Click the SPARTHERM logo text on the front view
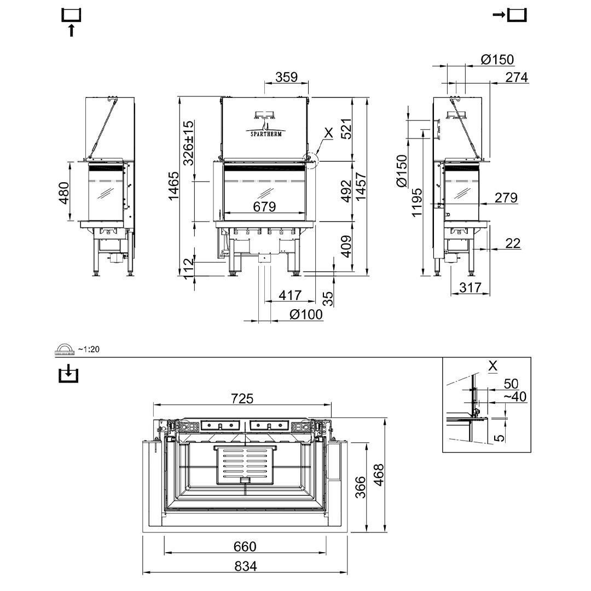[266, 134]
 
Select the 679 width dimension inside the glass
[264, 206]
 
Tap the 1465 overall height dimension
[174, 186]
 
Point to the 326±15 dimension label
[188, 143]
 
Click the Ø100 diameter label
[306, 314]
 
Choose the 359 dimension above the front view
[286, 77]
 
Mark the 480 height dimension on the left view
[63, 193]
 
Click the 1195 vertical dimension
[417, 202]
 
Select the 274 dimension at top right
[517, 77]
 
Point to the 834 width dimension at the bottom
[245, 566]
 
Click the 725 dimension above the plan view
[242, 398]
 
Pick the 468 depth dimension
[378, 474]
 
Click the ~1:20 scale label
[89, 349]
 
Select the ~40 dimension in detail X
[514, 396]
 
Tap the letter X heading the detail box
[493, 366]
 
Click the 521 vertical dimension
[345, 129]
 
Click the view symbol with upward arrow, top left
[72, 22]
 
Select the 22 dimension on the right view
[513, 242]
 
